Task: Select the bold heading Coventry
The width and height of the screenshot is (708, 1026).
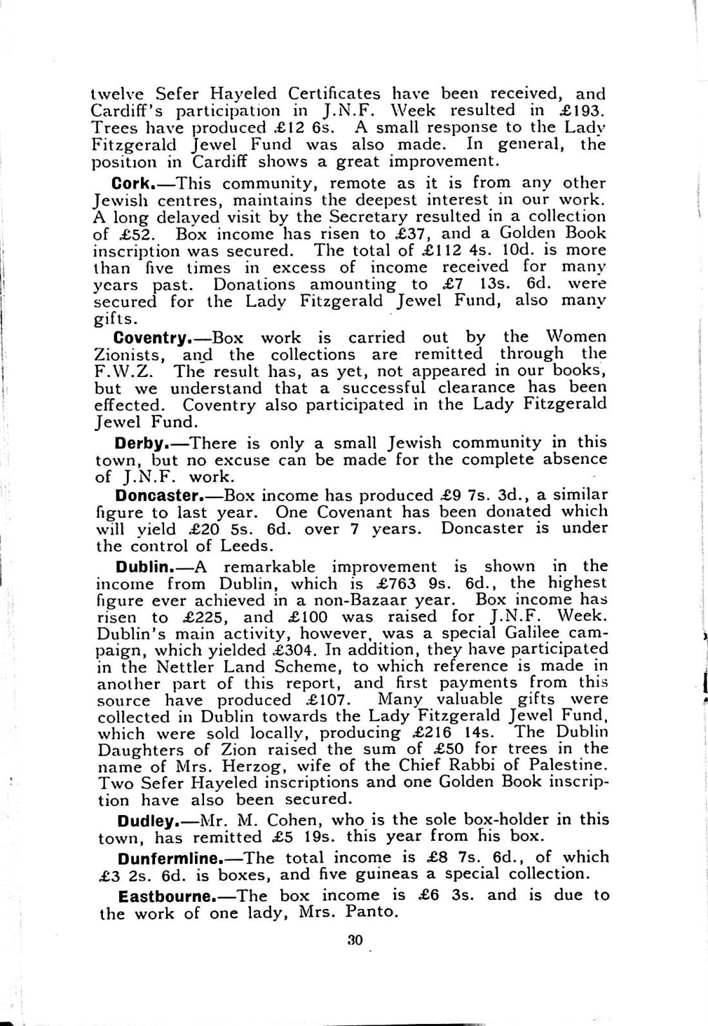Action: (x=149, y=337)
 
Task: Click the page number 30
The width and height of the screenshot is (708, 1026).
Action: (x=355, y=939)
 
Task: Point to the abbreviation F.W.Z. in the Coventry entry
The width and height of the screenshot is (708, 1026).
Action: (x=126, y=371)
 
